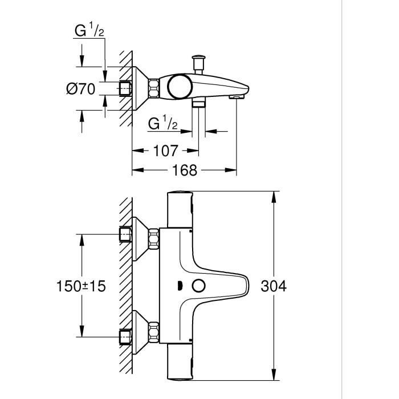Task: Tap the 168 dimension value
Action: coord(184,170)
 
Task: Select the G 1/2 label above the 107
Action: coord(164,123)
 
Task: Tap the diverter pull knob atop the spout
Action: coord(199,59)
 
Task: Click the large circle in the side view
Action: coord(181,86)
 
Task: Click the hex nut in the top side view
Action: coord(153,88)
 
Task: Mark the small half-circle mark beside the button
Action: coord(179,286)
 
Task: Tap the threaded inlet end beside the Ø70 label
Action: coord(125,88)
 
